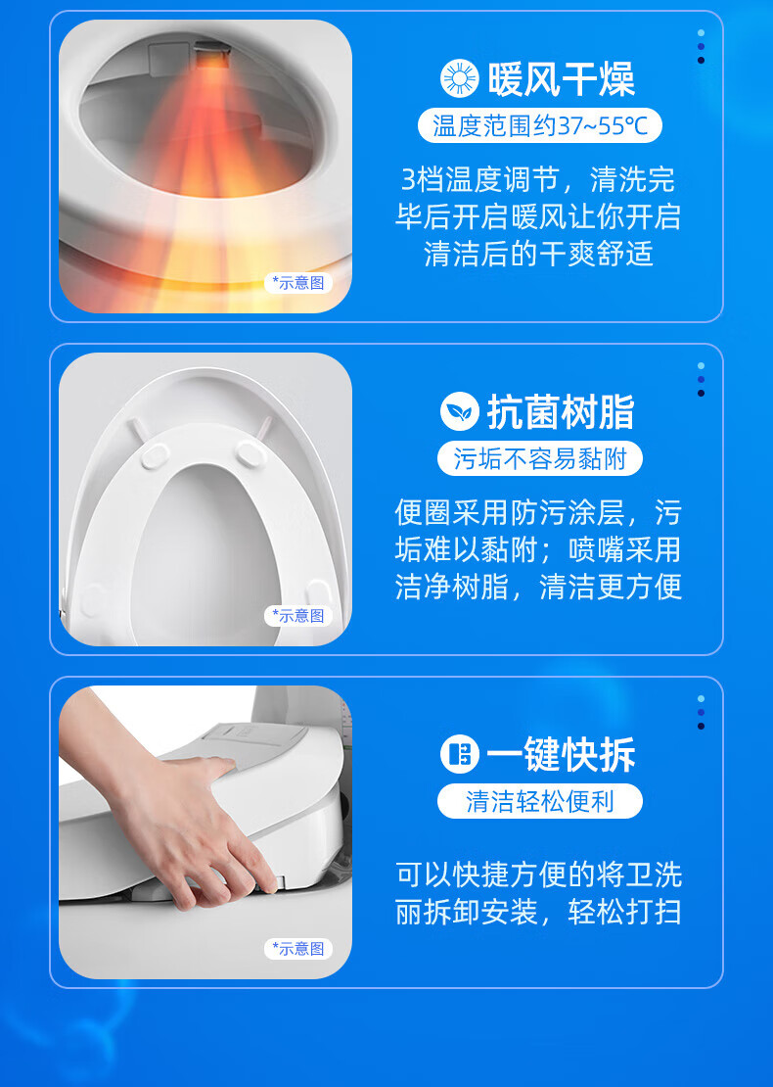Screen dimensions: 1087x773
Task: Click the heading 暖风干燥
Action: pyautogui.click(x=561, y=79)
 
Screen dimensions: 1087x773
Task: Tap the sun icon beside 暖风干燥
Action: pyautogui.click(x=459, y=78)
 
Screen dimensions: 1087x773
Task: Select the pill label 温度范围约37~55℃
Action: pyautogui.click(x=540, y=125)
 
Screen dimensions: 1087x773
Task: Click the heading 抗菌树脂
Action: pyautogui.click(x=561, y=412)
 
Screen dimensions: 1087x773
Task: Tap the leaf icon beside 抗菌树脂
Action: pyautogui.click(x=459, y=411)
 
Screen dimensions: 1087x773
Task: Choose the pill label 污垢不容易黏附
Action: pyautogui.click(x=540, y=458)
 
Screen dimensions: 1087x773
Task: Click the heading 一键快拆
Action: pyautogui.click(x=561, y=755)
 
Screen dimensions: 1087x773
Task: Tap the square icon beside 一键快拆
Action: pyautogui.click(x=459, y=754)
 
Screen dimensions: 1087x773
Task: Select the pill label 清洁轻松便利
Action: pyautogui.click(x=540, y=801)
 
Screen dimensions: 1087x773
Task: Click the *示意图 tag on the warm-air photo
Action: pyautogui.click(x=298, y=283)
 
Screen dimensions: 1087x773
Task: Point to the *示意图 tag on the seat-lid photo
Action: pyautogui.click(x=298, y=616)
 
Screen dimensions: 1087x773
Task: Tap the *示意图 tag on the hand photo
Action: pyautogui.click(x=298, y=948)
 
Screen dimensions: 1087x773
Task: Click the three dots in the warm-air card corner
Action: pyautogui.click(x=701, y=46)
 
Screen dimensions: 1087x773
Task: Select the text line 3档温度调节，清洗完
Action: pyautogui.click(x=538, y=179)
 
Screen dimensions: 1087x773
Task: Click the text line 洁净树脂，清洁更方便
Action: pyautogui.click(x=538, y=587)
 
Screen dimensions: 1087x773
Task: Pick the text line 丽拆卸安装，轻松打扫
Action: pyautogui.click(x=538, y=913)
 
